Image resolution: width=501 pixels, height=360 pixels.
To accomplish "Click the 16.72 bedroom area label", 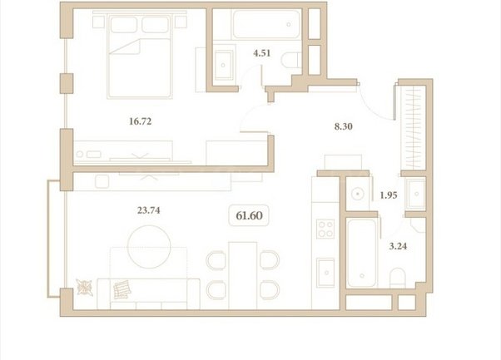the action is click(141, 121).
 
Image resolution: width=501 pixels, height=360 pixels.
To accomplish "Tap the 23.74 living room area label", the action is click(149, 210).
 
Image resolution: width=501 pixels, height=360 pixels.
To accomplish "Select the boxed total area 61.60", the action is click(249, 215).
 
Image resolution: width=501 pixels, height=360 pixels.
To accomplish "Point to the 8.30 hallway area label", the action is click(344, 126).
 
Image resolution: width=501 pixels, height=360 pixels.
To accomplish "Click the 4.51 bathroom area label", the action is click(261, 53).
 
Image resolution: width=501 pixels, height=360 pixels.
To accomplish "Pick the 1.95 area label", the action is click(389, 195).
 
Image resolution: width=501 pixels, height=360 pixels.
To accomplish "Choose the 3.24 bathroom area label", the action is click(398, 246).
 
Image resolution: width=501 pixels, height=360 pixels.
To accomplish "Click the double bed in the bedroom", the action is click(140, 55).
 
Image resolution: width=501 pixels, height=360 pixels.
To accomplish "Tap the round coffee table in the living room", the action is click(149, 247).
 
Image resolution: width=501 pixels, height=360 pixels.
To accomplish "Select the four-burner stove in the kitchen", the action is click(325, 229).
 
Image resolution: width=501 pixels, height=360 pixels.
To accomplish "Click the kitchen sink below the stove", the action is click(325, 272).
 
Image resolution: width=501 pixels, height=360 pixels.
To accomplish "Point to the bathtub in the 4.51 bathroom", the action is click(266, 25).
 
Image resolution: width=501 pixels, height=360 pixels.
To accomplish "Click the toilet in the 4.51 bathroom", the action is click(291, 60).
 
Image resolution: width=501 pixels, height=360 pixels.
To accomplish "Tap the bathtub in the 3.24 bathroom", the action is click(362, 253).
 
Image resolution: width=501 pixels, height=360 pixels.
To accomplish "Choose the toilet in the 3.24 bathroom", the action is click(398, 278).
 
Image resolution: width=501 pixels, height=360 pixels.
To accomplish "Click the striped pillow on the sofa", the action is click(122, 289).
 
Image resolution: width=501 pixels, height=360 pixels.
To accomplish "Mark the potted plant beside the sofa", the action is click(85, 287).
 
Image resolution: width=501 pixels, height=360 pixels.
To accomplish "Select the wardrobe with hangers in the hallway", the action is click(414, 127).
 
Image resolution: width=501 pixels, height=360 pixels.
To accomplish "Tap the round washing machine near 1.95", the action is click(358, 194).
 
